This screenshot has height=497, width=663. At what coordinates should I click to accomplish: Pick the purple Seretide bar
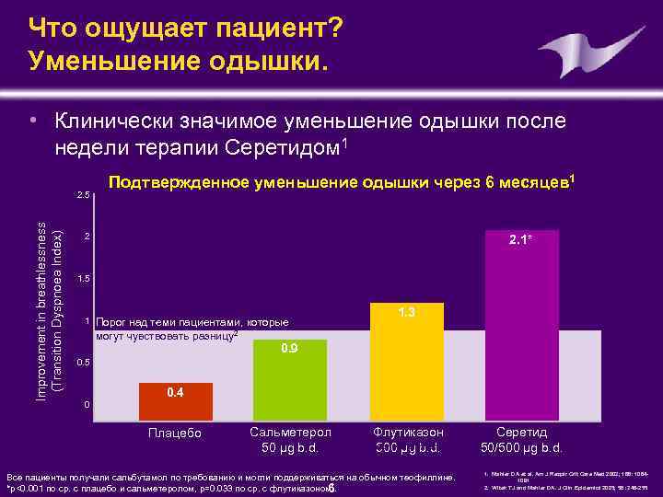coord(523,318)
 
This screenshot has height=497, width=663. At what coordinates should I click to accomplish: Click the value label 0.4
coord(175,393)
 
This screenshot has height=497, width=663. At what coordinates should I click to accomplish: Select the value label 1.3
coord(407,313)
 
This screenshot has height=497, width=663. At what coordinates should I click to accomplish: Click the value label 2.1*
coord(523,242)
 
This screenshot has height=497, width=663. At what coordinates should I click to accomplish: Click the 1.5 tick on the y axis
coord(83,278)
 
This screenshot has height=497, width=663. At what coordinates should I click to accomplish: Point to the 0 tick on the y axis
coord(86,405)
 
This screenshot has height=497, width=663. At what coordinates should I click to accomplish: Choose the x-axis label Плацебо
coord(175,433)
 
